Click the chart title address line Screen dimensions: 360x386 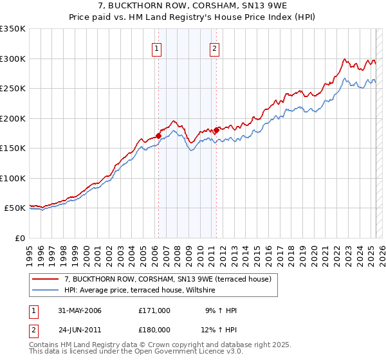click(x=192, y=6)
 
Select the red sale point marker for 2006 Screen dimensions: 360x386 click(x=158, y=136)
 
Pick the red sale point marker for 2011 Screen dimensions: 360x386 click(x=216, y=130)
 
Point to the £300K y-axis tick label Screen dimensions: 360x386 click(x=13, y=59)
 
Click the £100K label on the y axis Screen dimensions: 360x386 click(x=13, y=178)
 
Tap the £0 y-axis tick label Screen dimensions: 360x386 click(x=19, y=238)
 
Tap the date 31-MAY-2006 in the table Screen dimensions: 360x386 click(x=80, y=310)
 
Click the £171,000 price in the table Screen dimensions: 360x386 click(x=154, y=310)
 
